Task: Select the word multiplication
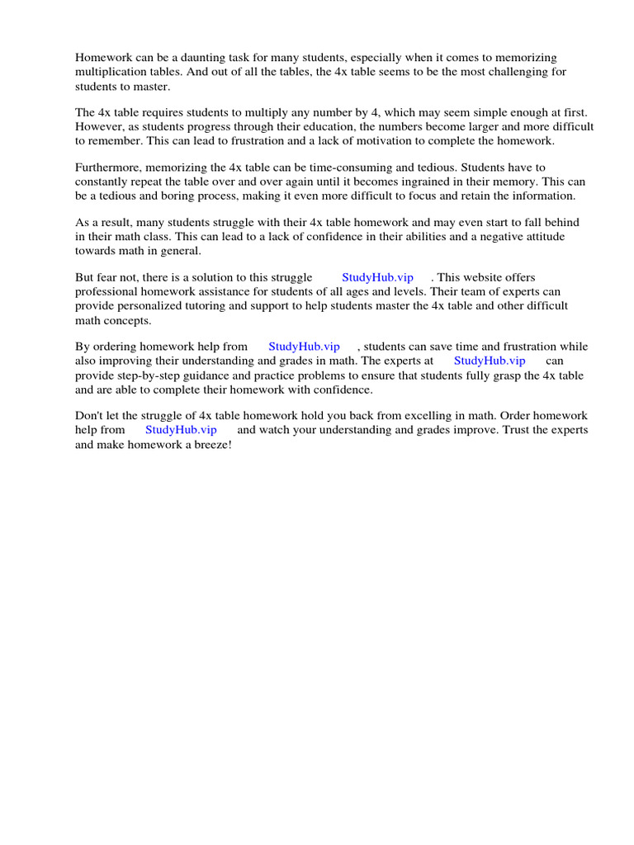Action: point(111,72)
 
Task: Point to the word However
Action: point(102,127)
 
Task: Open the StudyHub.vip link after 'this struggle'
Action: point(377,278)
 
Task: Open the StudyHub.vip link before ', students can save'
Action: point(304,347)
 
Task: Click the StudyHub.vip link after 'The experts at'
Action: point(490,361)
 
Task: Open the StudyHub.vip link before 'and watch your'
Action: point(181,430)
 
